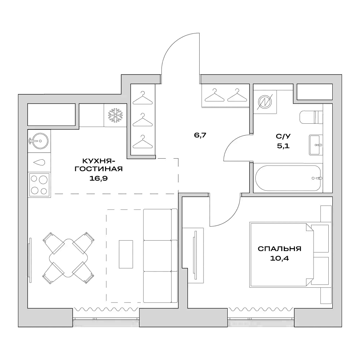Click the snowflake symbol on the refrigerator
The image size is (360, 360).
coord(116,115)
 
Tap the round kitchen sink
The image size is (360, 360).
coord(38,140)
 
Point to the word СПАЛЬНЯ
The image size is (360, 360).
coord(279,249)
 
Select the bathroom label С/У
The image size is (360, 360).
coord(283,137)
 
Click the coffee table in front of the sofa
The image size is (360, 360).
coord(126,254)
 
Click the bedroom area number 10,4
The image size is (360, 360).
coord(279,258)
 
